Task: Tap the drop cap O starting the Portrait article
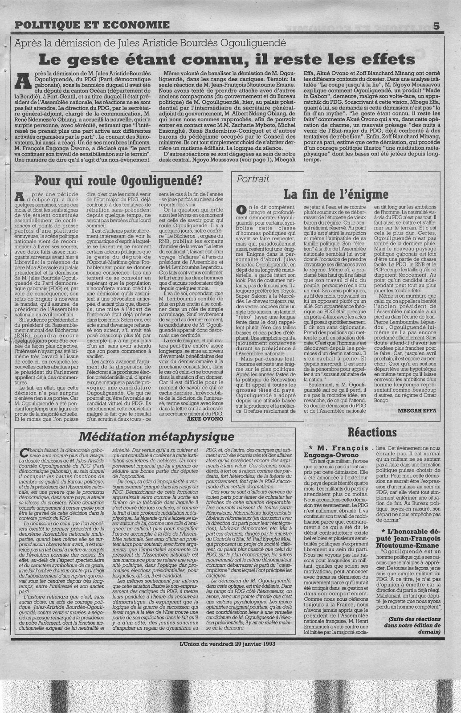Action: (x=241, y=209)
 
